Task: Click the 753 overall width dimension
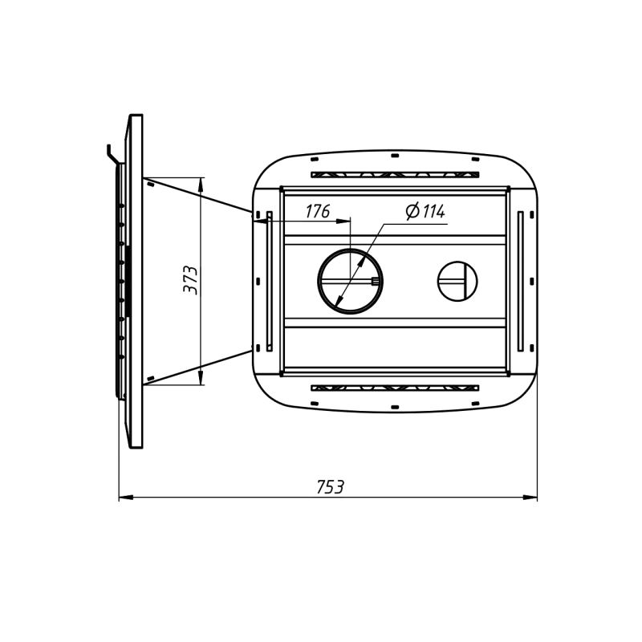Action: pyautogui.click(x=330, y=487)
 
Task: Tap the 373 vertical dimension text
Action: pyautogui.click(x=190, y=280)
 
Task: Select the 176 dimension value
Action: pyautogui.click(x=318, y=211)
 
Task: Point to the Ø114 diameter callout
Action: pyautogui.click(x=425, y=211)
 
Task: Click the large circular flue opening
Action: pyautogui.click(x=351, y=250)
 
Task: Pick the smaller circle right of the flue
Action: pyautogui.click(x=457, y=262)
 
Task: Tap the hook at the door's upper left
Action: pyautogui.click(x=111, y=152)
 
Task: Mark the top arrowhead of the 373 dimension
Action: pyautogui.click(x=200, y=185)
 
